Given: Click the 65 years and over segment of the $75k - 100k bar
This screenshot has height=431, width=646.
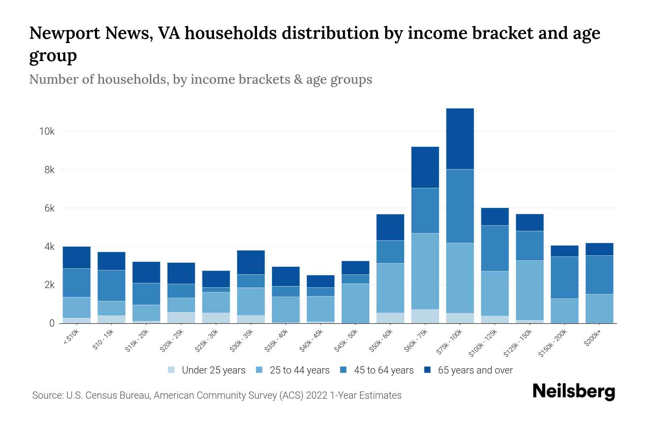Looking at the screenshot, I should coord(460,139).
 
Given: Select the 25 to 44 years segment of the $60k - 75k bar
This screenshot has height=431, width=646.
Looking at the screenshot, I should coord(425,271).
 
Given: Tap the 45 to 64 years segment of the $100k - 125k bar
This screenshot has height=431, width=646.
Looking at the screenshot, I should coord(495,248).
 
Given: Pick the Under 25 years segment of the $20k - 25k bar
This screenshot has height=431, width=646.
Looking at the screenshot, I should coord(181,318).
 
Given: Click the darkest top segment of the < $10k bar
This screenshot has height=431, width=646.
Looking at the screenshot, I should coord(76,257).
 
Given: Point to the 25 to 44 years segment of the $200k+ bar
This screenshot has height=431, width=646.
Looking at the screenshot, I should coord(599,309).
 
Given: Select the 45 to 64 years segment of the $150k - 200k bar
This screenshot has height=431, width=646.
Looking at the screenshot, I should coord(565,277).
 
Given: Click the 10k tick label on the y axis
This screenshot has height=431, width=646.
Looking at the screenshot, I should coord(47,131).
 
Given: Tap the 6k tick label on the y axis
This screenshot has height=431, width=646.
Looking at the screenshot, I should coord(49,208).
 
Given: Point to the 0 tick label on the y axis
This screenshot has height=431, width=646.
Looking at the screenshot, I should coord(52,323).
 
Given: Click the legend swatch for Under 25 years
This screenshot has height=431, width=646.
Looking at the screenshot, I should coord(171,370).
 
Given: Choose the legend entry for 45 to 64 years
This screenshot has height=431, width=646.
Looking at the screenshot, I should coord(383,370).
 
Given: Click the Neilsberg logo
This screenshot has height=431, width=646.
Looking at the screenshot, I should coord(574,392).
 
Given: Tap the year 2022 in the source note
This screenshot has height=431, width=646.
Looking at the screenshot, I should coord(317,395).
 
